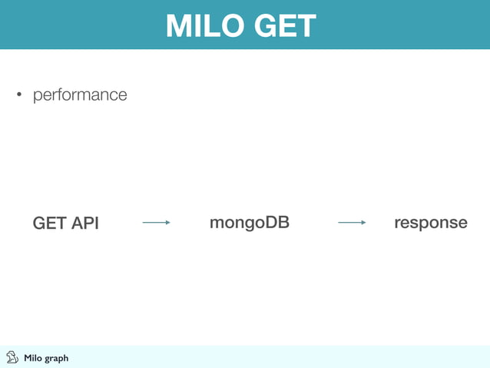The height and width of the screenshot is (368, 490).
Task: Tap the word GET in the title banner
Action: click(x=281, y=26)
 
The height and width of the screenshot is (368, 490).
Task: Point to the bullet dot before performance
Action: click(x=20, y=96)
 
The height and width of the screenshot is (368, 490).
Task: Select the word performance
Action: click(x=79, y=95)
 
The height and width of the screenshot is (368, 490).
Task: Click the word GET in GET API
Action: click(x=50, y=224)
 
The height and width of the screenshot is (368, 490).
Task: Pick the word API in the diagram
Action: click(x=85, y=224)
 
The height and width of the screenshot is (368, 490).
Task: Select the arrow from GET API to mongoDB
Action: click(x=156, y=223)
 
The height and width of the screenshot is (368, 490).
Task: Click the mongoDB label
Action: click(x=249, y=223)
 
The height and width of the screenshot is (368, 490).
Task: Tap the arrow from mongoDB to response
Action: click(x=352, y=223)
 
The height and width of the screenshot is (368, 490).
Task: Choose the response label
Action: click(x=430, y=223)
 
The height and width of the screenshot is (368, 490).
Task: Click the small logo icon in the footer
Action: click(x=12, y=357)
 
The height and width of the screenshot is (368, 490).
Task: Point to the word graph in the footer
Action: click(x=56, y=359)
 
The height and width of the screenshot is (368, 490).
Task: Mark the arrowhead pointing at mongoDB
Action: click(x=167, y=223)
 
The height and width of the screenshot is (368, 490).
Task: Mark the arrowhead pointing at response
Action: click(x=363, y=223)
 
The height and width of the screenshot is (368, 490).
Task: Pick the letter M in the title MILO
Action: click(x=178, y=26)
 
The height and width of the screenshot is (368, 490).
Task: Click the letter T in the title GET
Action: click(x=306, y=26)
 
